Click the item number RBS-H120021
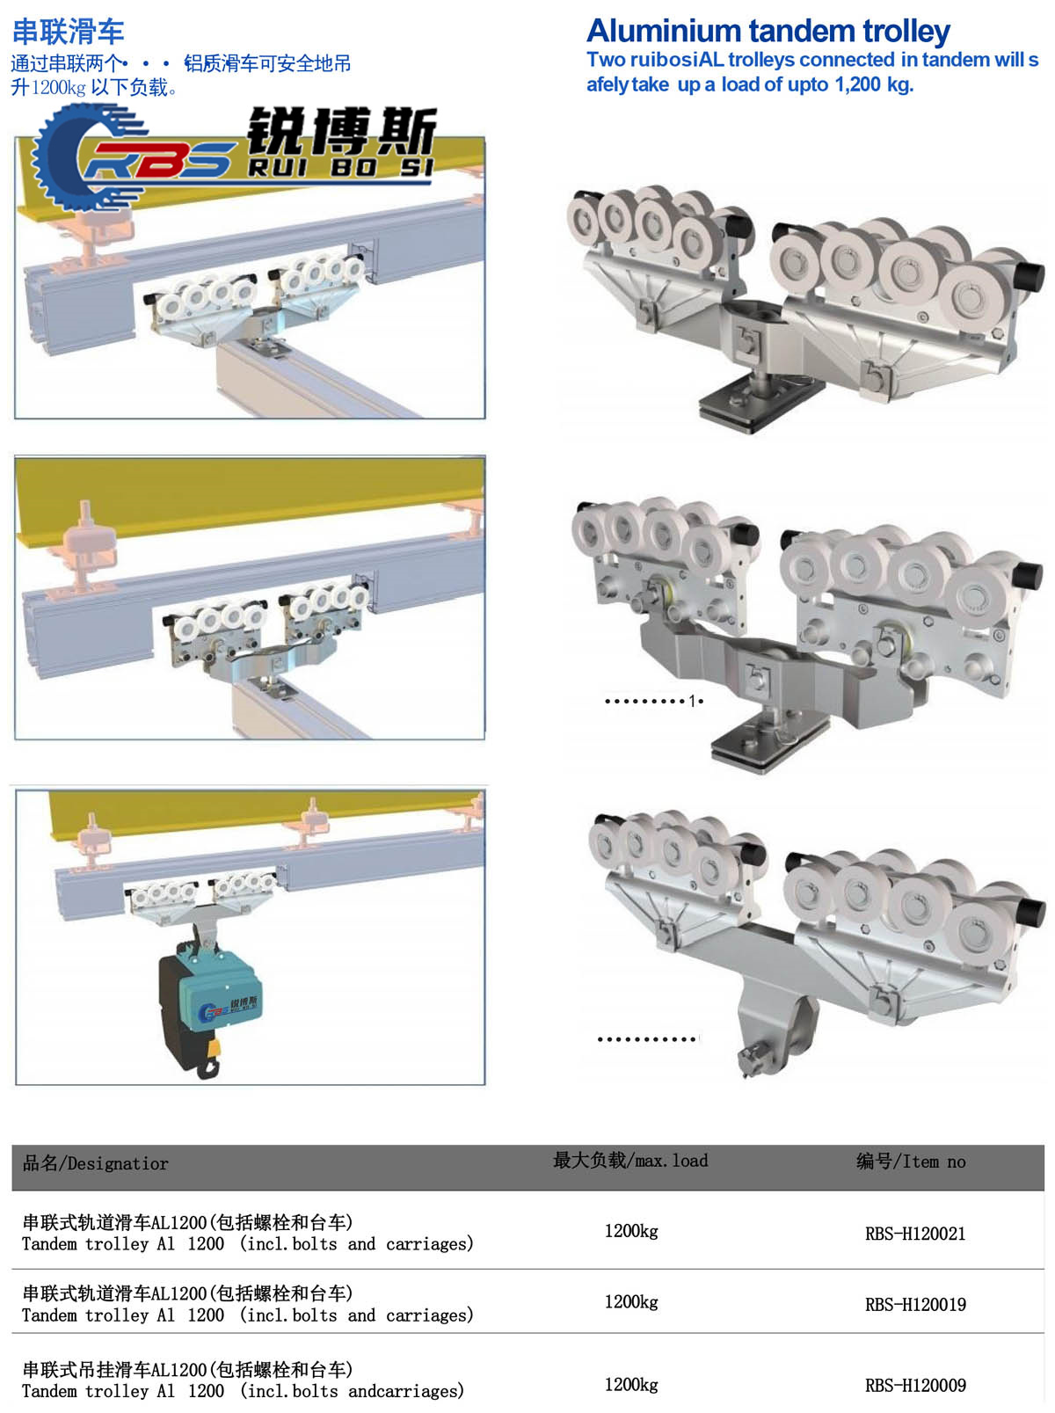(914, 1234)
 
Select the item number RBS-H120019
(914, 1304)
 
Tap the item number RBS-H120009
(914, 1385)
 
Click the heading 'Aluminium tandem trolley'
(768, 31)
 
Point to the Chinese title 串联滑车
(69, 32)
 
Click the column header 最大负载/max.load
(630, 1160)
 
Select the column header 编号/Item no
(910, 1161)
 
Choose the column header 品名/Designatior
(95, 1162)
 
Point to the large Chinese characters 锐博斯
(342, 131)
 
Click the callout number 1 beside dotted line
(692, 701)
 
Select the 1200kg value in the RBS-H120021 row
(631, 1231)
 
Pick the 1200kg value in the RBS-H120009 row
(631, 1384)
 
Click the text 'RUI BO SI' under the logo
(340, 168)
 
